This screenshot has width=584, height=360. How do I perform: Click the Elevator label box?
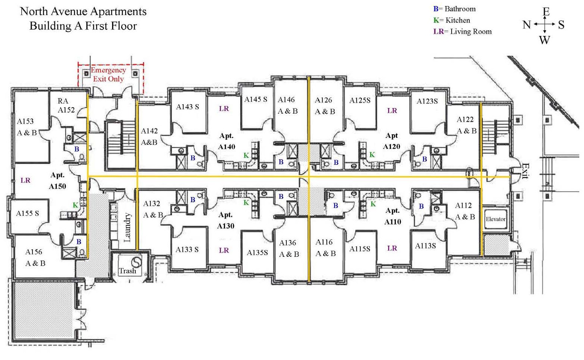tap(495, 219)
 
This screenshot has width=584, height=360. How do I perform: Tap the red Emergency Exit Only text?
tap(108, 74)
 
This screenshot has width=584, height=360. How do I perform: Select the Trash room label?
tap(127, 271)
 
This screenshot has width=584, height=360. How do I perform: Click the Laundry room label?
tap(127, 228)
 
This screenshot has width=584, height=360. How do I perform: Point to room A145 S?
tap(256, 99)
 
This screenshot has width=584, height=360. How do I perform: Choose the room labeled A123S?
tap(427, 101)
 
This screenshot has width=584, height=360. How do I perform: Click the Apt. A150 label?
tap(57, 181)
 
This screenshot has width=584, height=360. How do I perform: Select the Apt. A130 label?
tap(225, 220)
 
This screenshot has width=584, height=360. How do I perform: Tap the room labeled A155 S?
tap(27, 213)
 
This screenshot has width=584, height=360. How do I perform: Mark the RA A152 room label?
tap(66, 105)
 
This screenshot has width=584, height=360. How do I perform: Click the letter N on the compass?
tap(526, 25)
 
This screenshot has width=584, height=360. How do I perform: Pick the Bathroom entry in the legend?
tap(454, 9)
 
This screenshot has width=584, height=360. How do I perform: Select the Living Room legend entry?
tap(462, 32)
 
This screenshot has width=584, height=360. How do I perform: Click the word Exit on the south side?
tap(525, 171)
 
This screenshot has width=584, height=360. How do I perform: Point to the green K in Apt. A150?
tap(75, 205)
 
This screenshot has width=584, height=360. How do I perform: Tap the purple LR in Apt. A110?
tap(392, 248)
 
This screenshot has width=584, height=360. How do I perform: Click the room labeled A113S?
tap(425, 246)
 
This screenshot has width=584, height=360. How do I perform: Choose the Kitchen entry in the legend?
tap(452, 20)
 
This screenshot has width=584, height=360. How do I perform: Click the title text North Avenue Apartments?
tap(83, 11)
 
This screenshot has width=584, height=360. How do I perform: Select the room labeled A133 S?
tap(187, 249)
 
